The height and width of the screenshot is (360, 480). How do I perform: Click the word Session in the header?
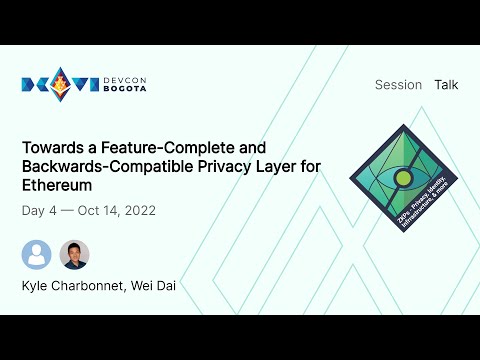point(398,85)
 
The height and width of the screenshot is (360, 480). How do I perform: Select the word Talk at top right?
point(446,85)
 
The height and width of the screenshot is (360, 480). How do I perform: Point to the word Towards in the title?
point(50,147)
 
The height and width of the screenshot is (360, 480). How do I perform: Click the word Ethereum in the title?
point(55,185)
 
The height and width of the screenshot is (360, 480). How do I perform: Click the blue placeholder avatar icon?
point(37,254)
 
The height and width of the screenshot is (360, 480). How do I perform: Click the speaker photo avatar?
point(74,254)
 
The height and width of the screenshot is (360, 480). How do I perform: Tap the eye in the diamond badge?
point(403,179)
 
